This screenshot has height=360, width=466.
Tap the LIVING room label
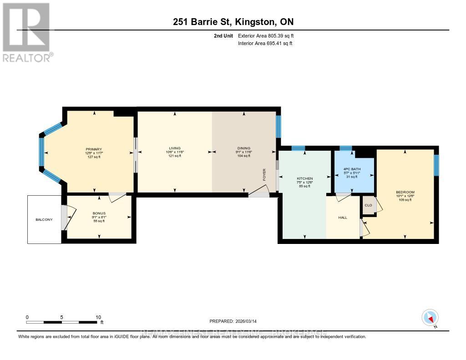(x=175, y=148)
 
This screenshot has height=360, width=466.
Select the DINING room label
(x=244, y=148)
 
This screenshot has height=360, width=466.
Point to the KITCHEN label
(x=304, y=178)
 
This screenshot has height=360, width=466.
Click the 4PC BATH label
(x=352, y=169)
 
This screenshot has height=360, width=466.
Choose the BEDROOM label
(x=405, y=192)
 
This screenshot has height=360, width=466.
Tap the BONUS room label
(x=99, y=213)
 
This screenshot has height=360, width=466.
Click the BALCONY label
(x=44, y=219)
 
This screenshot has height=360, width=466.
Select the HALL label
(x=343, y=218)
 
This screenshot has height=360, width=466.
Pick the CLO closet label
(x=368, y=205)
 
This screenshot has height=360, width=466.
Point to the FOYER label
(x=264, y=175)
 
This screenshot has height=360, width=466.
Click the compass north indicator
(x=430, y=318)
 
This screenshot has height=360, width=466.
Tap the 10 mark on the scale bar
(x=98, y=317)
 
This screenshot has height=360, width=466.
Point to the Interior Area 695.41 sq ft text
(x=265, y=43)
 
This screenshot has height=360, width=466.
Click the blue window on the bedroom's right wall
(x=436, y=165)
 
